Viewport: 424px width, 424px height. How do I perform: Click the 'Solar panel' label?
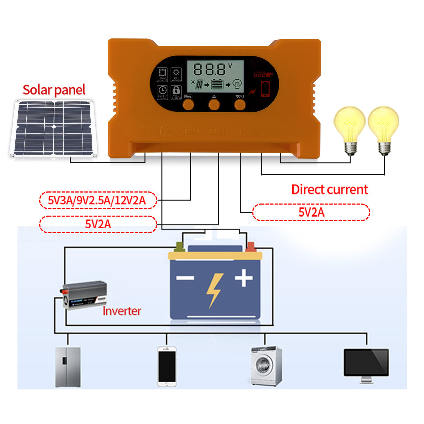click(54, 90)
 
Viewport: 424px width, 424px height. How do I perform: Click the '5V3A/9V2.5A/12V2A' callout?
click(98, 200)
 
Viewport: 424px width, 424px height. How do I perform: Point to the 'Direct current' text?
click(330, 189)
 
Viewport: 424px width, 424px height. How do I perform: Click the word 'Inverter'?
click(122, 311)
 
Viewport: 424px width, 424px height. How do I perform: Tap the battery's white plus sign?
click(244, 278)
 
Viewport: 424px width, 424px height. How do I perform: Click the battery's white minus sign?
click(185, 278)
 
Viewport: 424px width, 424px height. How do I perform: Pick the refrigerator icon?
click(68, 367)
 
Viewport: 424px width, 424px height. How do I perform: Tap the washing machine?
click(266, 366)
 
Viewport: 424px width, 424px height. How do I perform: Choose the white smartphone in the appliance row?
click(167, 367)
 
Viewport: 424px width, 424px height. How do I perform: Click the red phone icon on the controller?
click(265, 89)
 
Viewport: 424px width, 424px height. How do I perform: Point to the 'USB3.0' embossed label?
click(191, 131)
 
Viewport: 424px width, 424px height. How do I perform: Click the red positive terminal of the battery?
click(250, 247)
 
